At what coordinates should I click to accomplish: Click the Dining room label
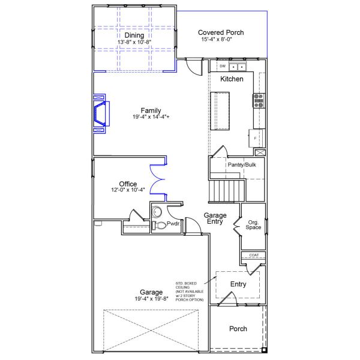(134, 35)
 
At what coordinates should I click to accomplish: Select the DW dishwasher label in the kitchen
(222, 66)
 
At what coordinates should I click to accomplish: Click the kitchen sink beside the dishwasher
(239, 66)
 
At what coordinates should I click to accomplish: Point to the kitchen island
(220, 110)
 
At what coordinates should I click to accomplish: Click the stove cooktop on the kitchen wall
(259, 100)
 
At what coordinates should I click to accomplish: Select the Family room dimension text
(151, 117)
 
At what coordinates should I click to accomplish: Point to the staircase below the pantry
(227, 191)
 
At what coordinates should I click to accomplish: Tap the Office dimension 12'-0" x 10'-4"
(128, 190)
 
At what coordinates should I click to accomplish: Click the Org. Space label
(254, 225)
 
